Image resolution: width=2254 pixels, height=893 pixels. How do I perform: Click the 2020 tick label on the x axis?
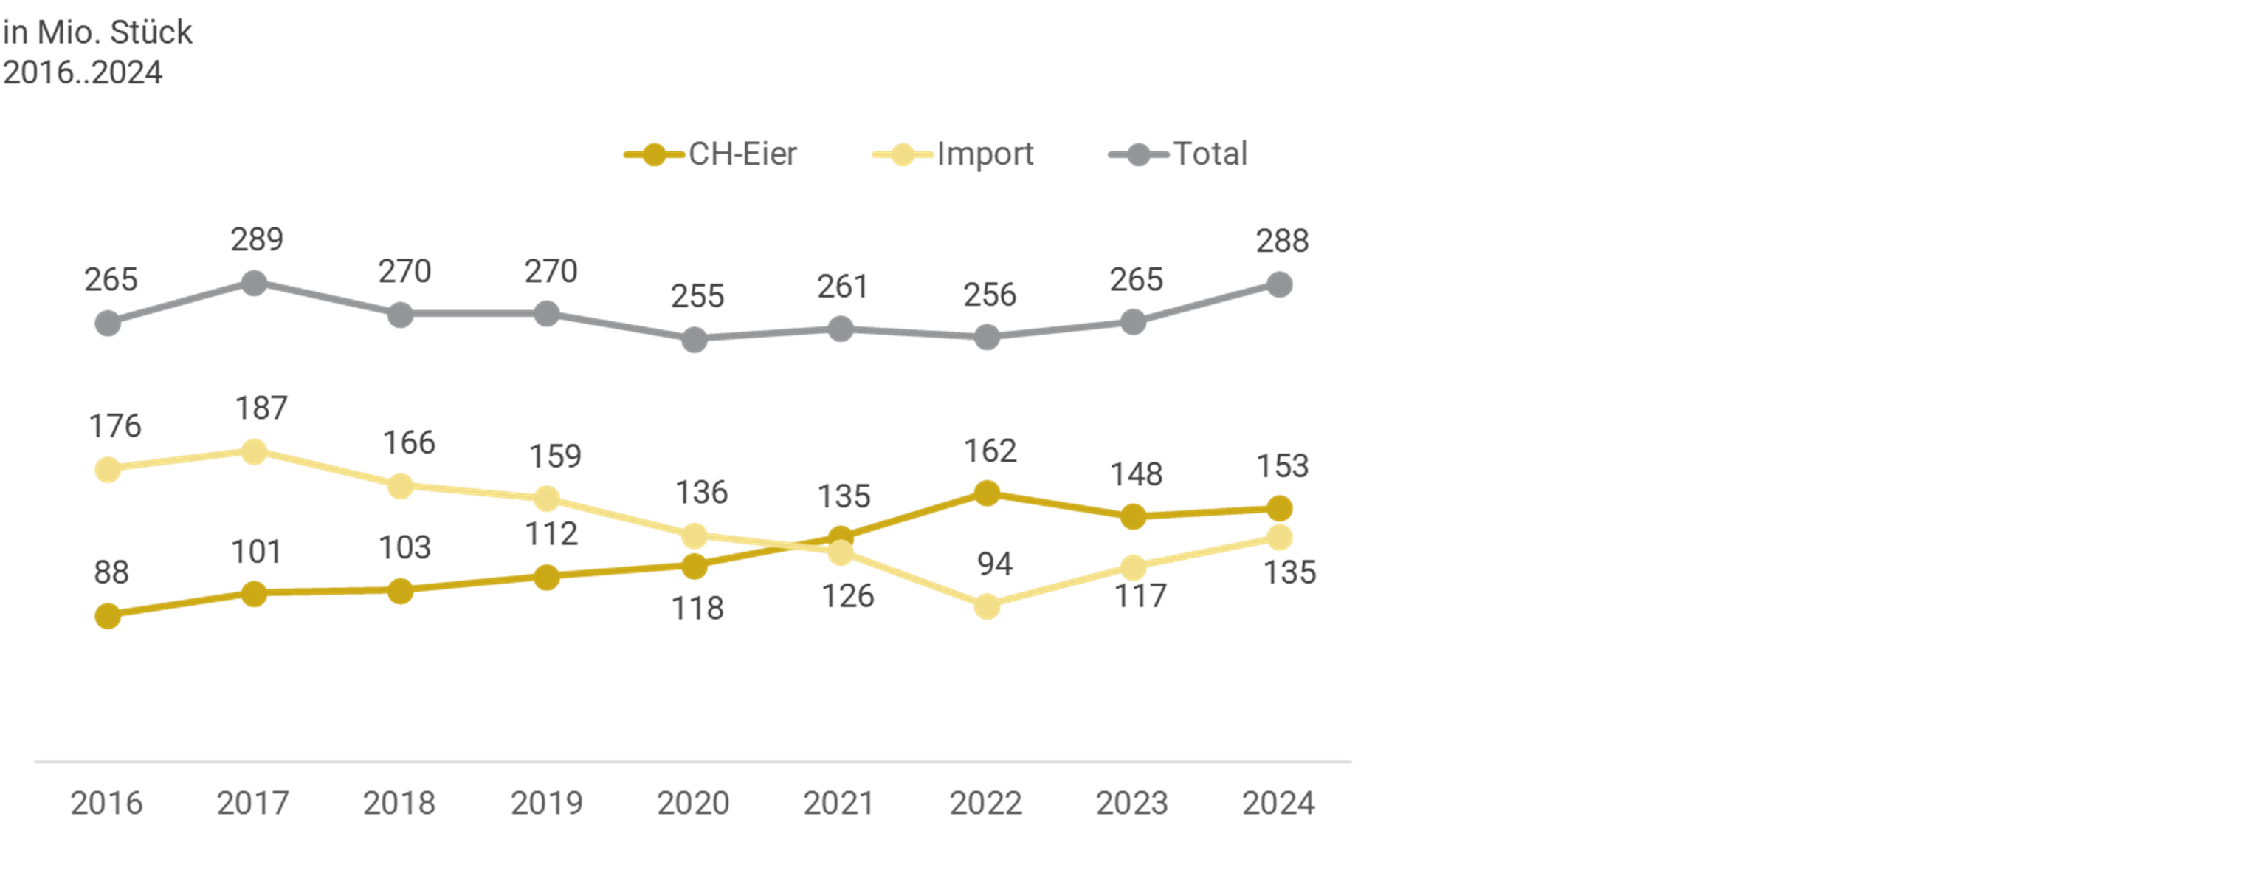(x=693, y=803)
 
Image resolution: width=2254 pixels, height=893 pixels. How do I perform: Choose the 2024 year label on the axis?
(x=1278, y=803)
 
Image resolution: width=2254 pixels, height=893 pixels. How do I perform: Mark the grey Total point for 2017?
(x=254, y=283)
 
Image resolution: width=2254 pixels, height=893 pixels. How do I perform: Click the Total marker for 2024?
(x=1279, y=284)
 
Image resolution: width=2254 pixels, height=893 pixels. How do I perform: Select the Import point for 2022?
(x=987, y=606)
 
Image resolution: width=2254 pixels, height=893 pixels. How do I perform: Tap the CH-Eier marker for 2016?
(x=108, y=616)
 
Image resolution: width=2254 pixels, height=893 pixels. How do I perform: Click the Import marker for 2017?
(x=254, y=452)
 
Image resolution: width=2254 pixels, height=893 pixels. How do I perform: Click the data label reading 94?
(x=995, y=564)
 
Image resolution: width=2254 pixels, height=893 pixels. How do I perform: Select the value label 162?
(x=990, y=451)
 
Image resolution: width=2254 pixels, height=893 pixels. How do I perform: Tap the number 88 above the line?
(x=111, y=572)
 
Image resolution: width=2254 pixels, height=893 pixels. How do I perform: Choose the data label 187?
(x=261, y=408)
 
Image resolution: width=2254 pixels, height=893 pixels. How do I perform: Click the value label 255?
(x=697, y=296)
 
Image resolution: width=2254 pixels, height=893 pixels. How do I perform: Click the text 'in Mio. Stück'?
(x=97, y=32)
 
